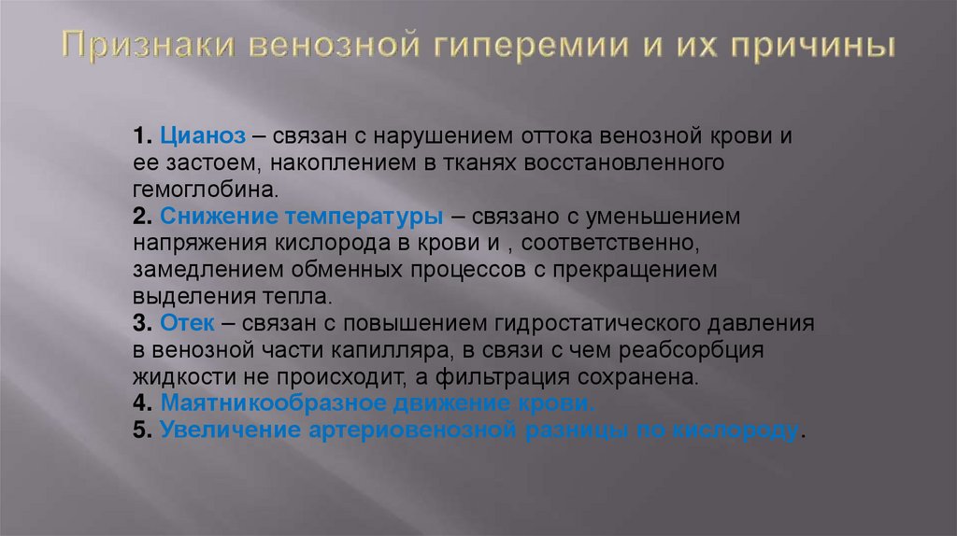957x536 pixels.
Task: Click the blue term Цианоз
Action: point(203,136)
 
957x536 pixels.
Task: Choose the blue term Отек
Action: point(188,324)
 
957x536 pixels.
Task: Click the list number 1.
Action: point(140,136)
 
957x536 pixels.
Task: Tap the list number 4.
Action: point(140,405)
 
